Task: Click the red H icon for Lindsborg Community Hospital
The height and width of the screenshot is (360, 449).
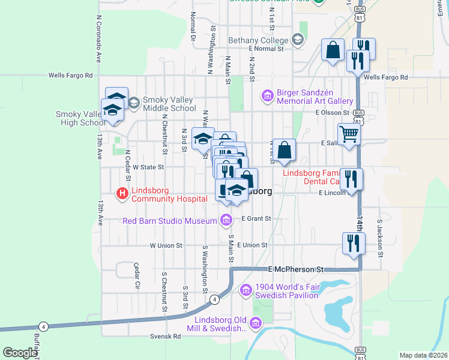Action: [x=122, y=193]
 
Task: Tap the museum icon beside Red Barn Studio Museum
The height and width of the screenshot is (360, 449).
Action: [x=226, y=221]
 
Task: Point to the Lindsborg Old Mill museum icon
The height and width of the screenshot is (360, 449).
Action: [x=256, y=324]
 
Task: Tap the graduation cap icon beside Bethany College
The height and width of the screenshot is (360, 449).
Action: [x=297, y=40]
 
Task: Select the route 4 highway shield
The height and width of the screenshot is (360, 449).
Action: [x=214, y=299]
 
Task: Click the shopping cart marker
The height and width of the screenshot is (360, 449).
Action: [x=349, y=134]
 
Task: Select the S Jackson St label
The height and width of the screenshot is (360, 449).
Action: [x=380, y=235]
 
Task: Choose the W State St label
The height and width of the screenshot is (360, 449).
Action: [x=148, y=167]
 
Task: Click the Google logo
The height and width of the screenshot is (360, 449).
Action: [x=20, y=353]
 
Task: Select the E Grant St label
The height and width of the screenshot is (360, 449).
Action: [x=256, y=218]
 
